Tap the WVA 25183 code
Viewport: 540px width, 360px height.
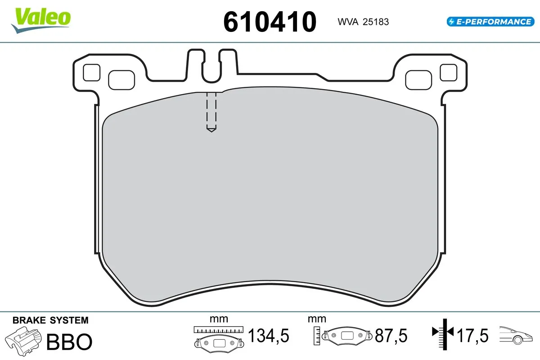tap(360, 22)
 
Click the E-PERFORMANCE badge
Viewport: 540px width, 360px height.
tap(490, 21)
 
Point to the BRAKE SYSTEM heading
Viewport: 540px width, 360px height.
tap(50, 320)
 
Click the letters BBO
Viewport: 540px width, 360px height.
tap(69, 342)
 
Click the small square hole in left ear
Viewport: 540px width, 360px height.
tap(92, 72)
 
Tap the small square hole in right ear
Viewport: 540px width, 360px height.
tap(448, 72)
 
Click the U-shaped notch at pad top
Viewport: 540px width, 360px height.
tap(211, 67)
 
